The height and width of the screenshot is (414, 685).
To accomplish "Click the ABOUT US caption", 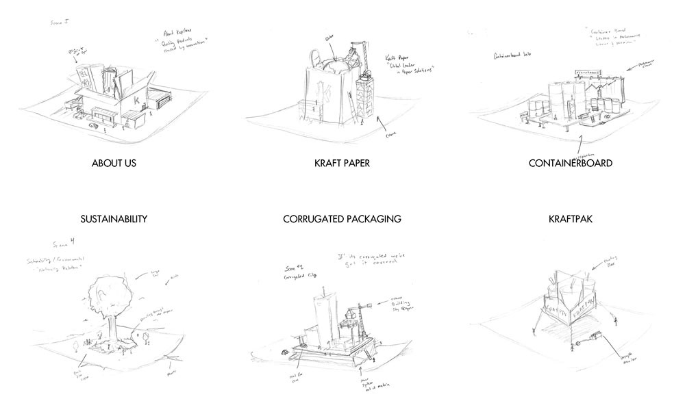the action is pos(116,164).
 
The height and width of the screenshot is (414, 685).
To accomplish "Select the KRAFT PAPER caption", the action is pos(342,164).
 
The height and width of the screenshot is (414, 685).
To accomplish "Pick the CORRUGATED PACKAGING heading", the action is pos(342,220).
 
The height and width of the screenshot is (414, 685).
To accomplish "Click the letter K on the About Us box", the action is pos(137,101).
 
